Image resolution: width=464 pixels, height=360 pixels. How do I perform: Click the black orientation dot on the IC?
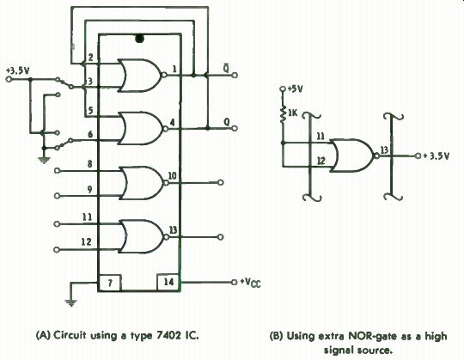click(x=139, y=39)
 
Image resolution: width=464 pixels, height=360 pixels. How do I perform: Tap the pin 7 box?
click(x=110, y=283)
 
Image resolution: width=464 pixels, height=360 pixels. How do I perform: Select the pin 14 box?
click(x=168, y=282)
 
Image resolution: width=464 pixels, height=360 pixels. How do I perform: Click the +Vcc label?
click(x=250, y=283)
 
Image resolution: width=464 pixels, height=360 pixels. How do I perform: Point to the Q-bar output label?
click(x=226, y=68)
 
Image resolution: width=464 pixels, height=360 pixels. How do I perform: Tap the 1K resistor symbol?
click(x=283, y=114)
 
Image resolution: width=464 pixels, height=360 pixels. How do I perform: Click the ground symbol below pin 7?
click(x=70, y=302)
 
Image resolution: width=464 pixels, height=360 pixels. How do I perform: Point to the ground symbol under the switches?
click(x=44, y=160)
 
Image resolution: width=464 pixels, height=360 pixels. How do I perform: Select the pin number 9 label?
click(x=89, y=189)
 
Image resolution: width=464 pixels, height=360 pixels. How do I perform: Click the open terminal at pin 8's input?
click(x=58, y=171)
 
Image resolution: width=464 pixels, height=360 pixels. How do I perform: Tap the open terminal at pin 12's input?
click(x=57, y=250)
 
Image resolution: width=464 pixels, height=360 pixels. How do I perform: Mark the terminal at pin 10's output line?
click(x=221, y=182)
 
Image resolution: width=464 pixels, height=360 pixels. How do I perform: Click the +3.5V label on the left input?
click(x=18, y=71)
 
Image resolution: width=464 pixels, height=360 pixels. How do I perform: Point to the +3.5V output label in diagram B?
click(x=437, y=156)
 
